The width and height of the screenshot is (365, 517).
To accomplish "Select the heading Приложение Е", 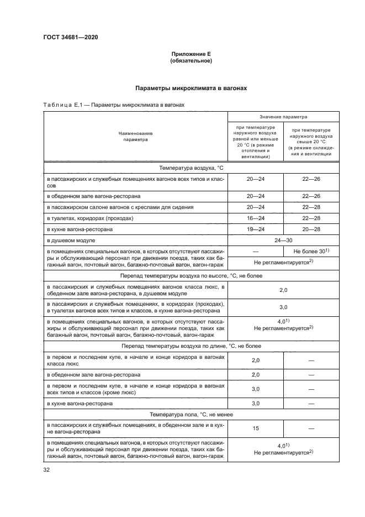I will [191, 54].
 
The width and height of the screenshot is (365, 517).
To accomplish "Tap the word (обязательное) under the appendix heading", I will [191, 60].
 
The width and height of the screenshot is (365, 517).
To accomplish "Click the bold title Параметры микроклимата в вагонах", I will [191, 88].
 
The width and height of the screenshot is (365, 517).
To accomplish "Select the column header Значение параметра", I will [284, 117].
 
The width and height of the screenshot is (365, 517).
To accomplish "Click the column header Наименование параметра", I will [135, 137].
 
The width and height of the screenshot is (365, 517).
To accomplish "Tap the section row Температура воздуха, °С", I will [191, 167].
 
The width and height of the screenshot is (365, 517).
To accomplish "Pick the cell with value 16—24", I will [256, 218].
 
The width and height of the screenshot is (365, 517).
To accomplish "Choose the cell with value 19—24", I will [256, 229].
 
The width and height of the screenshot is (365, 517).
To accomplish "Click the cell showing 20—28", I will [312, 229].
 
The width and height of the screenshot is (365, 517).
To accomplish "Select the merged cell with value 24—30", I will [284, 240].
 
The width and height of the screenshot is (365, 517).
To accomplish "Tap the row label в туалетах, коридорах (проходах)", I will [90, 218].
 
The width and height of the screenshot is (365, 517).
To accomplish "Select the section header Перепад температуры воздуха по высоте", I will [191, 275].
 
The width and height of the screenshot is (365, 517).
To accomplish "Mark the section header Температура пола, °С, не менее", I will [191, 414].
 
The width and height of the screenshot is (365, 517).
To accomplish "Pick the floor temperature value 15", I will [256, 428].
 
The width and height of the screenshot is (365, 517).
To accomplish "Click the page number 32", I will [46, 470].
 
